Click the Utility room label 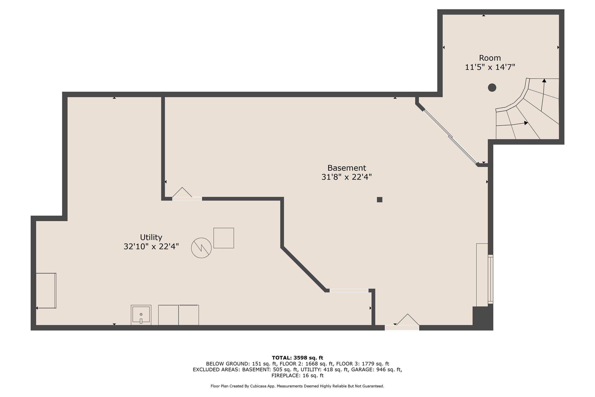(151, 237)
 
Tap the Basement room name (347, 168)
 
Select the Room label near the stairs (490, 58)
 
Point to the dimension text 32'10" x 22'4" (151, 246)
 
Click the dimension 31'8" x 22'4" (347, 177)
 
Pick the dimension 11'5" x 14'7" (490, 67)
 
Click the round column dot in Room (492, 88)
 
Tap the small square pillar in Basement (379, 200)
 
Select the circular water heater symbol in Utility (201, 248)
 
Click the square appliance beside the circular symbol (224, 238)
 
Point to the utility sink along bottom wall (141, 315)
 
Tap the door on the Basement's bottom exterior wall (402, 322)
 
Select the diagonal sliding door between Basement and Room (450, 137)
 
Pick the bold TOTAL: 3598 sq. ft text (297, 358)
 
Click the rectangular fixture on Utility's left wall (46, 291)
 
